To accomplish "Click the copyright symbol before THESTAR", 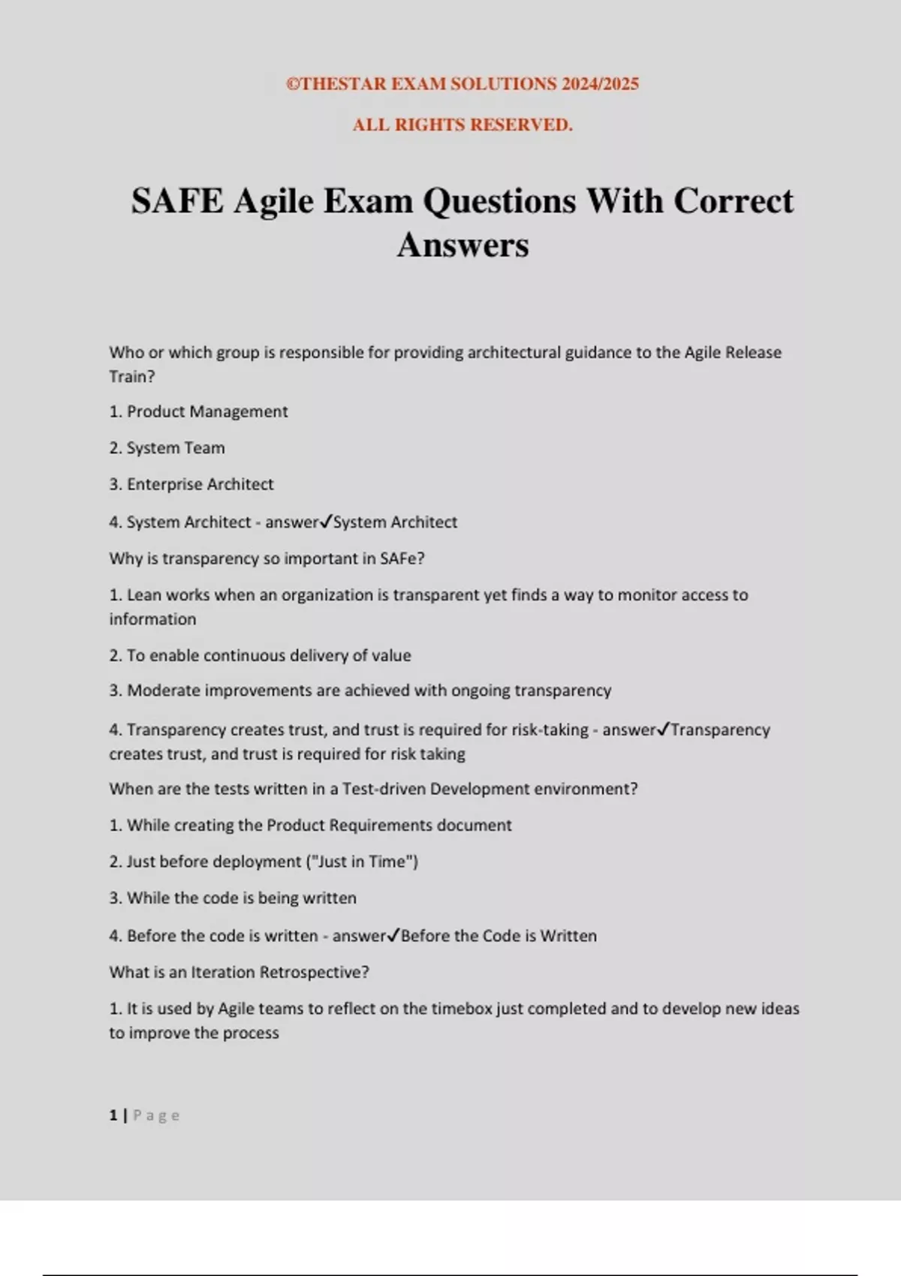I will (x=293, y=84).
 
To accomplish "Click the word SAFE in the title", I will (x=177, y=201).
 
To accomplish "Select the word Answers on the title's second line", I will (x=463, y=245).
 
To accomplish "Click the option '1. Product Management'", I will (x=198, y=411).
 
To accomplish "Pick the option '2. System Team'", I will (x=167, y=448).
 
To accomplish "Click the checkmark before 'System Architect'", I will (x=326, y=522).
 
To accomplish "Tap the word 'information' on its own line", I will (x=152, y=619).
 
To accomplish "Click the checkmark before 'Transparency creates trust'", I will (x=663, y=730).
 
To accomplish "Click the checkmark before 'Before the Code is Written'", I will (x=393, y=935).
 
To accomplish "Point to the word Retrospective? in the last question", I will (x=319, y=972).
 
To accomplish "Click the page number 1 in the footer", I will (x=113, y=1115).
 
